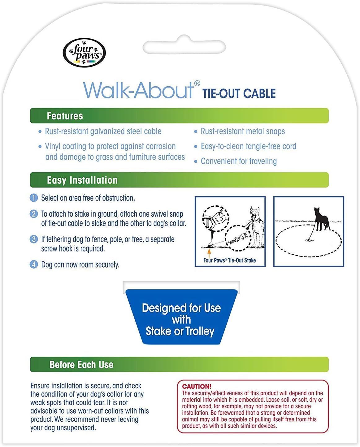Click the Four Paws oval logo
[84, 53]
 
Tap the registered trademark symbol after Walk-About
[197, 84]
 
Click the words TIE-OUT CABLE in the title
[239, 93]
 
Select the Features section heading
[65, 116]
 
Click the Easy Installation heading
[82, 180]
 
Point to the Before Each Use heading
[81, 365]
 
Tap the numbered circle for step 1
[33, 198]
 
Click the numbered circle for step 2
[33, 214]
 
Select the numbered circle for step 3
[33, 239]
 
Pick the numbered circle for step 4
[33, 264]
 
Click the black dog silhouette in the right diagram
[322, 219]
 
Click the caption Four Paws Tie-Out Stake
[229, 260]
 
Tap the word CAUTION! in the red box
[197, 386]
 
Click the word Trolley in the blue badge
[200, 331]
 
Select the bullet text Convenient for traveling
[239, 161]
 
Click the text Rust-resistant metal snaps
[243, 131]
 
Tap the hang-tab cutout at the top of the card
[184, 46]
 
